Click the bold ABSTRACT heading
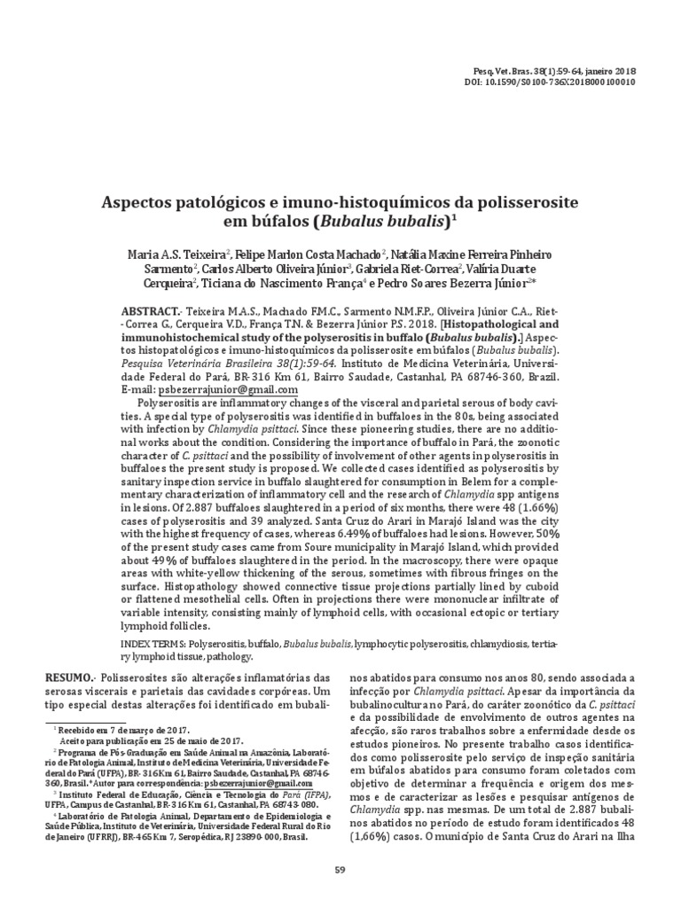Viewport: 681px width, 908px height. tap(150, 313)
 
